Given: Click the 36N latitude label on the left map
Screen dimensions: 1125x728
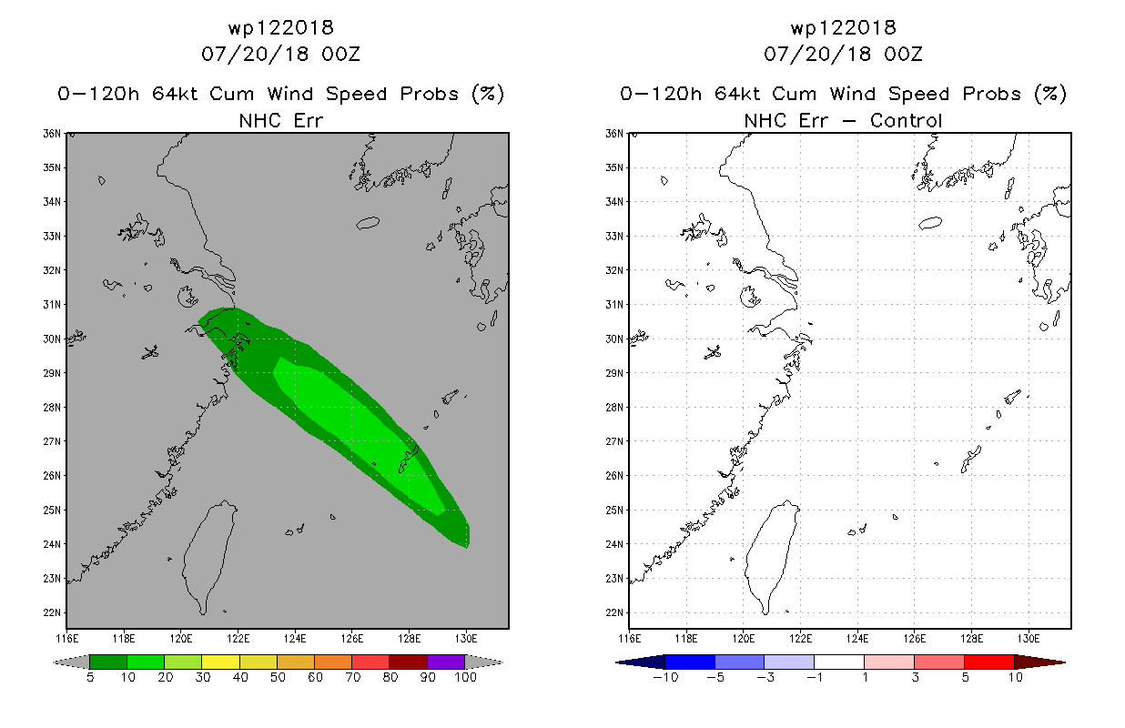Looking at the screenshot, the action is (x=52, y=134).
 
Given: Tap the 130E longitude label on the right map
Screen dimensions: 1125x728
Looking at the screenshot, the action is (x=1029, y=639).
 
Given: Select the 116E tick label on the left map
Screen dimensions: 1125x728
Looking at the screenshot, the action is (x=66, y=639).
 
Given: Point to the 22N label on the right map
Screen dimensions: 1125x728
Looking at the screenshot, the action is (x=614, y=612).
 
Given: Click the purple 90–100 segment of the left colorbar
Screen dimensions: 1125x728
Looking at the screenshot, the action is (x=446, y=662).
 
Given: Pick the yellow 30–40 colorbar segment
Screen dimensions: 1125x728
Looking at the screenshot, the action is (x=221, y=662).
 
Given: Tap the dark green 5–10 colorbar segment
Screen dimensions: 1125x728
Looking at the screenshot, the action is (x=108, y=662).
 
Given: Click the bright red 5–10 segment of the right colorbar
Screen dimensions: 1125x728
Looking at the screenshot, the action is (x=989, y=662).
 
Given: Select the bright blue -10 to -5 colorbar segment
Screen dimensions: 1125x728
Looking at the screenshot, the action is (x=690, y=662).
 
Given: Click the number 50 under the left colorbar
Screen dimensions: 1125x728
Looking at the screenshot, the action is (x=278, y=677).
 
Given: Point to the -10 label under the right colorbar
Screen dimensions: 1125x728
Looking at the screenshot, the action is (x=665, y=677).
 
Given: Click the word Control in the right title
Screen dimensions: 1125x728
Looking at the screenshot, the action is (x=906, y=120).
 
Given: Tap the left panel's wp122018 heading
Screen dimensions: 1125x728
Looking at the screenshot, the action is (x=281, y=27).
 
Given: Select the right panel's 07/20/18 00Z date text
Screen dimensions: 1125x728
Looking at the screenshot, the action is (x=843, y=54).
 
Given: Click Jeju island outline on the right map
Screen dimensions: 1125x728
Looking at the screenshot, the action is (x=930, y=222).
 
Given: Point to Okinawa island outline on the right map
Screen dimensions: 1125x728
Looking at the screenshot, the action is (x=970, y=460).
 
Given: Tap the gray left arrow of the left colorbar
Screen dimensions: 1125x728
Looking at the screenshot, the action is (x=71, y=662).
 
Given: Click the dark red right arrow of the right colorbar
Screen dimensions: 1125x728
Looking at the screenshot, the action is (x=1039, y=662).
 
